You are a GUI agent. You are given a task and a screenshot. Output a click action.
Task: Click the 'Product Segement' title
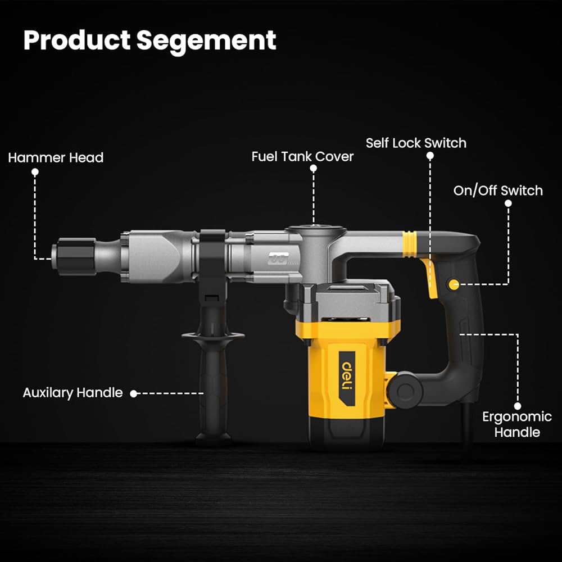click(149, 40)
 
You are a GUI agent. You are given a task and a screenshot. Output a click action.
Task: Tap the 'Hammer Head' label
click(56, 157)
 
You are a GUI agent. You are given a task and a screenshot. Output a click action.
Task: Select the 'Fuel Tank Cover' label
click(302, 156)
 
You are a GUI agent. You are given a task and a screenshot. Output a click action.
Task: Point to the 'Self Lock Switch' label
click(416, 143)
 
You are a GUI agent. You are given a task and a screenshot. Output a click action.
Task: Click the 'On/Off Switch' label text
click(498, 191)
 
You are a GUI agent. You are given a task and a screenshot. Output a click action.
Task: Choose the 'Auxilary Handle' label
click(72, 392)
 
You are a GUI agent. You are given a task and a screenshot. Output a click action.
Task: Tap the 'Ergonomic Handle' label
click(516, 424)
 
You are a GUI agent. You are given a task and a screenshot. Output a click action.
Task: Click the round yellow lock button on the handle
click(453, 285)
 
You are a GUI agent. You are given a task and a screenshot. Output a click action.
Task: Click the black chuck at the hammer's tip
click(74, 257)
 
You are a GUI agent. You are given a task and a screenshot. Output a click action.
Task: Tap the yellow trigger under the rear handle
click(431, 278)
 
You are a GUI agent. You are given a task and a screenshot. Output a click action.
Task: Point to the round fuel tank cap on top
click(315, 229)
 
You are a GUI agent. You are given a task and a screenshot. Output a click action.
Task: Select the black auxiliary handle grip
click(213, 388)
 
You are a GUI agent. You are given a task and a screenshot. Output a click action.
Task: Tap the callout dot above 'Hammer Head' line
click(35, 173)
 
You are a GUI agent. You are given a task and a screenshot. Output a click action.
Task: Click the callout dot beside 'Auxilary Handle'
click(134, 393)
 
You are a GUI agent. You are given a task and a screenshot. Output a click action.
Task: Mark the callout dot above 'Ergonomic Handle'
click(517, 405)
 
